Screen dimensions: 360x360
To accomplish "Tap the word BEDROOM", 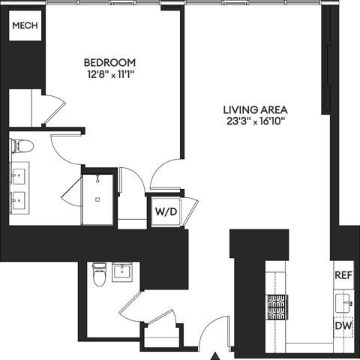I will (109, 61).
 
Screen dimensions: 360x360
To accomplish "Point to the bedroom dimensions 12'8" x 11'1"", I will (109, 74).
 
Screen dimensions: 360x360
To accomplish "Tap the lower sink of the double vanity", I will (18, 201).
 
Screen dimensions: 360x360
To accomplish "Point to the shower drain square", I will (97, 199).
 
